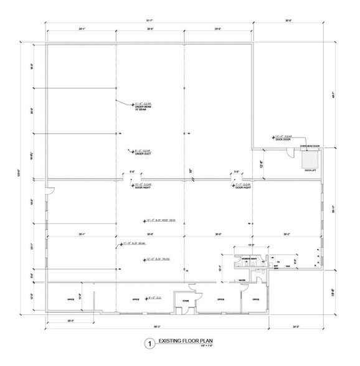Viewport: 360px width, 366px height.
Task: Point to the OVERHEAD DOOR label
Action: (x=310, y=146)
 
